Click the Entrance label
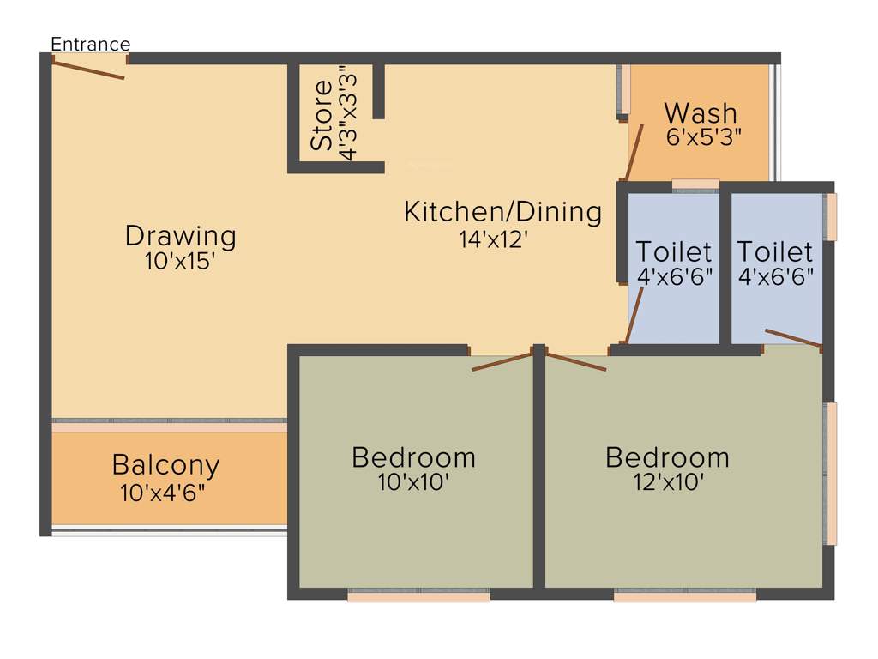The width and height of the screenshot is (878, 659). [x=90, y=45]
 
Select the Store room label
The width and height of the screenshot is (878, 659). [x=322, y=115]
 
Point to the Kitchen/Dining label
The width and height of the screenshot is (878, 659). [x=502, y=211]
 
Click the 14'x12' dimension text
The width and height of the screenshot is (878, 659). [x=492, y=239]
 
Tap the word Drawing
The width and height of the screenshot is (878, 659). [x=180, y=234]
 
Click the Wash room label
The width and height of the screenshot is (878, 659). [x=700, y=112]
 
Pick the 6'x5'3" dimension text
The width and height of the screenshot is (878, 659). [x=703, y=136]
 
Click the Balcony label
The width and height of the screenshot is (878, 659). [x=165, y=465]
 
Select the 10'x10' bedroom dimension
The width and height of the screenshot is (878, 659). [x=413, y=482]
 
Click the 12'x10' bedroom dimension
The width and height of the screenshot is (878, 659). [x=667, y=482]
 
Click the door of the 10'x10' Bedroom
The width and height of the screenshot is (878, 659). [x=502, y=361]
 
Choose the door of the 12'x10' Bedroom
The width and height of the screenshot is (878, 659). [x=576, y=361]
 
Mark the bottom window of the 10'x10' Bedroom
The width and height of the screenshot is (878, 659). [x=418, y=594]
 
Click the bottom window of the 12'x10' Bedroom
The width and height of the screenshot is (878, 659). [x=685, y=594]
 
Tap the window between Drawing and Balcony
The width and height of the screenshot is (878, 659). [x=169, y=422]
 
